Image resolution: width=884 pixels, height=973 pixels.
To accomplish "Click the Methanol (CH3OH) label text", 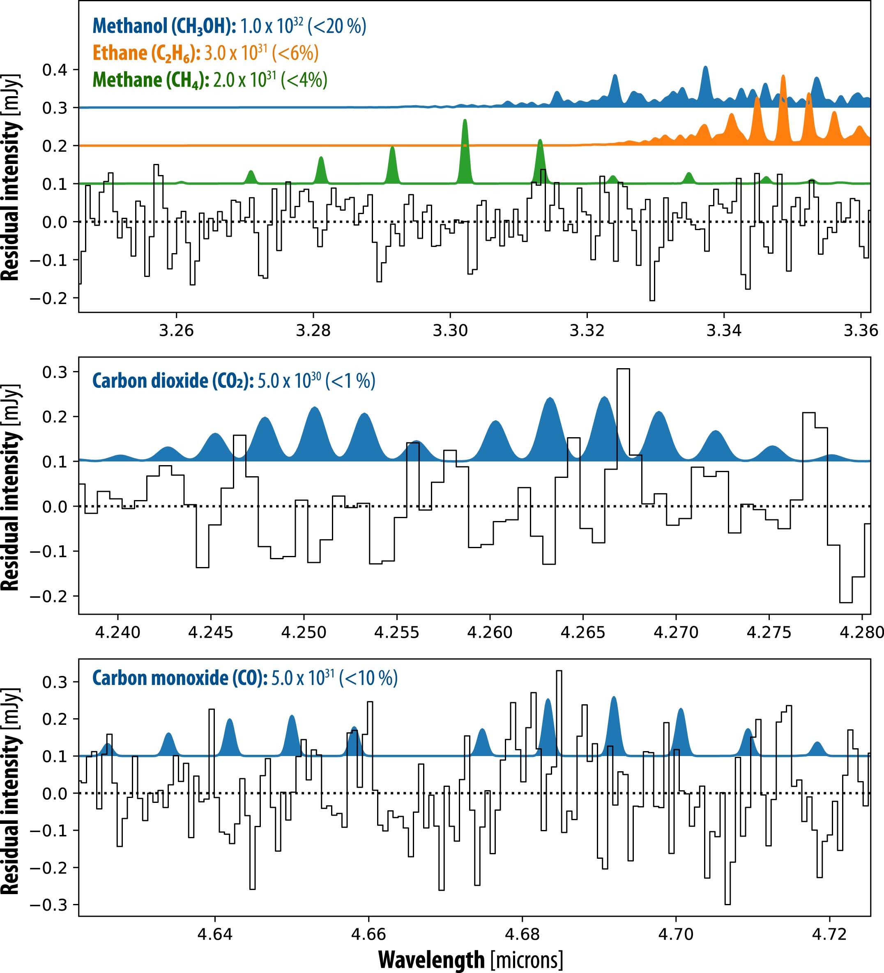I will click(x=164, y=26).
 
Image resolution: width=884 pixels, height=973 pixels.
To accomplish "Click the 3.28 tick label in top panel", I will click(x=313, y=331).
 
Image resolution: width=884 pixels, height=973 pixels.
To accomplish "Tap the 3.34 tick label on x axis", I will click(x=724, y=331).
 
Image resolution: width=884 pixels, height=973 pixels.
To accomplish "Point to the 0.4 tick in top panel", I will click(x=54, y=70).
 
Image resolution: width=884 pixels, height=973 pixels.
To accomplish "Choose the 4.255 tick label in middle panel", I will click(x=397, y=632).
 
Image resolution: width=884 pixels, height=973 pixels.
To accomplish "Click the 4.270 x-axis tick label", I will click(x=676, y=632).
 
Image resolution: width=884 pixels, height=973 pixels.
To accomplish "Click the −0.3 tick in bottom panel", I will click(x=48, y=904).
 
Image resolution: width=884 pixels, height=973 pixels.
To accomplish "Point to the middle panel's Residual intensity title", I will click(x=11, y=487).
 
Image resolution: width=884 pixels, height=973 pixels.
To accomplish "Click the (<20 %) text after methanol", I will click(x=340, y=26).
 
